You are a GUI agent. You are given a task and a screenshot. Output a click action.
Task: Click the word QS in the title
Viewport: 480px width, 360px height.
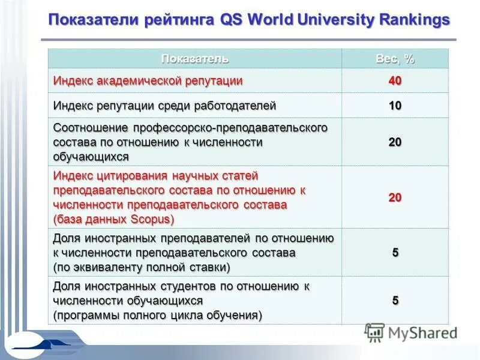point(231,20)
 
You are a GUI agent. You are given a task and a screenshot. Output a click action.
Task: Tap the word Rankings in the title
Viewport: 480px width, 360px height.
point(413,20)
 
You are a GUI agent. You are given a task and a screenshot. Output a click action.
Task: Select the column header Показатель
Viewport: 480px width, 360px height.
point(194,59)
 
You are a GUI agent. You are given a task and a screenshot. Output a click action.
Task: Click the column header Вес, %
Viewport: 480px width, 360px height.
point(394,59)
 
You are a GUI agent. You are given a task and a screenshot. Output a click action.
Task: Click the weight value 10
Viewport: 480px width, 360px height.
point(395,106)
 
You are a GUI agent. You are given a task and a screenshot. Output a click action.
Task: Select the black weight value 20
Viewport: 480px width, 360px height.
point(395,142)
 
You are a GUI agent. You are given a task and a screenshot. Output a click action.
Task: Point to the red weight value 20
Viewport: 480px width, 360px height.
point(395,197)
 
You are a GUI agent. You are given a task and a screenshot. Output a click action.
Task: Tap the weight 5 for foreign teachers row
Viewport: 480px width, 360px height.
point(395,253)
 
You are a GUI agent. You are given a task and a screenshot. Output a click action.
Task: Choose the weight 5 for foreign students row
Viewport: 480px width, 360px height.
point(395,301)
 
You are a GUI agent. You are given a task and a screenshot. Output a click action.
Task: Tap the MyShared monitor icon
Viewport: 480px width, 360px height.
point(374,332)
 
